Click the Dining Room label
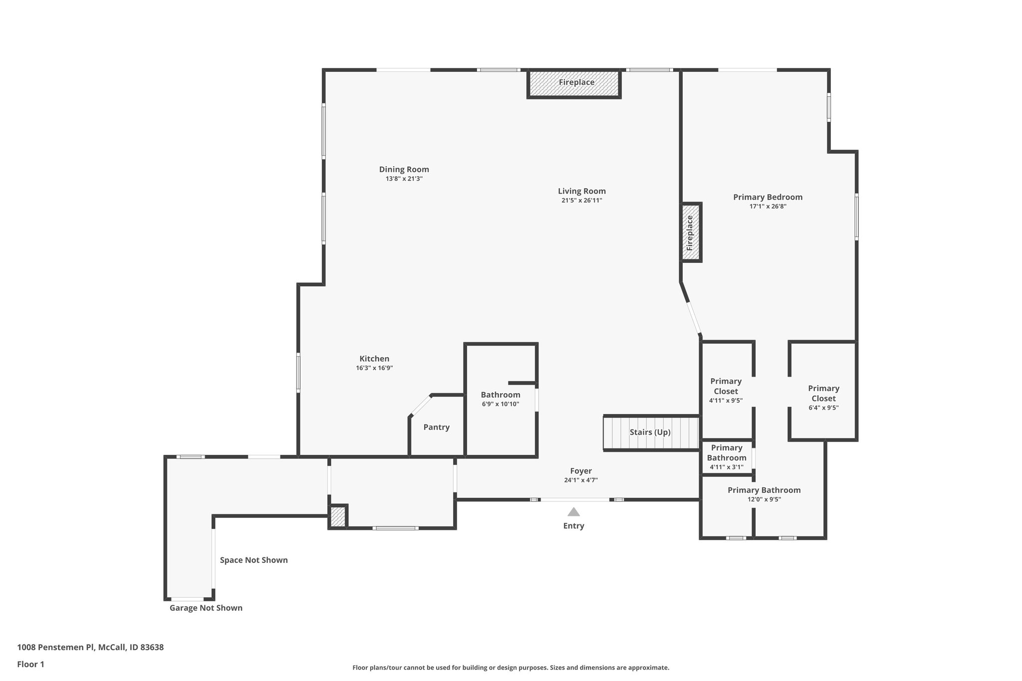(x=404, y=169)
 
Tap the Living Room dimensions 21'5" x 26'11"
(x=581, y=201)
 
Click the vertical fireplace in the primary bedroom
(x=691, y=232)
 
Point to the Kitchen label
(x=374, y=359)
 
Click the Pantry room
(x=436, y=427)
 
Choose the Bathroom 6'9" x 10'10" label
(x=501, y=399)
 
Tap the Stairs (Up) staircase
(x=650, y=433)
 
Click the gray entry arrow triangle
(x=573, y=512)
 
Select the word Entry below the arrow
(x=573, y=526)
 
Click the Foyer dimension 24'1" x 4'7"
(x=581, y=480)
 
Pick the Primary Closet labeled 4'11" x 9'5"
(x=726, y=390)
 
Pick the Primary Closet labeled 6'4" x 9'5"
(x=823, y=398)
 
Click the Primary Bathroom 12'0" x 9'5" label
(x=764, y=494)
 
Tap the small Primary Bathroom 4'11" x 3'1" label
(x=727, y=457)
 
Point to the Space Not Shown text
(x=254, y=560)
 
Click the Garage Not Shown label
(x=206, y=608)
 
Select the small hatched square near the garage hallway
(x=338, y=516)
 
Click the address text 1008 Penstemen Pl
(x=90, y=648)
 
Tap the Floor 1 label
(x=30, y=665)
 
